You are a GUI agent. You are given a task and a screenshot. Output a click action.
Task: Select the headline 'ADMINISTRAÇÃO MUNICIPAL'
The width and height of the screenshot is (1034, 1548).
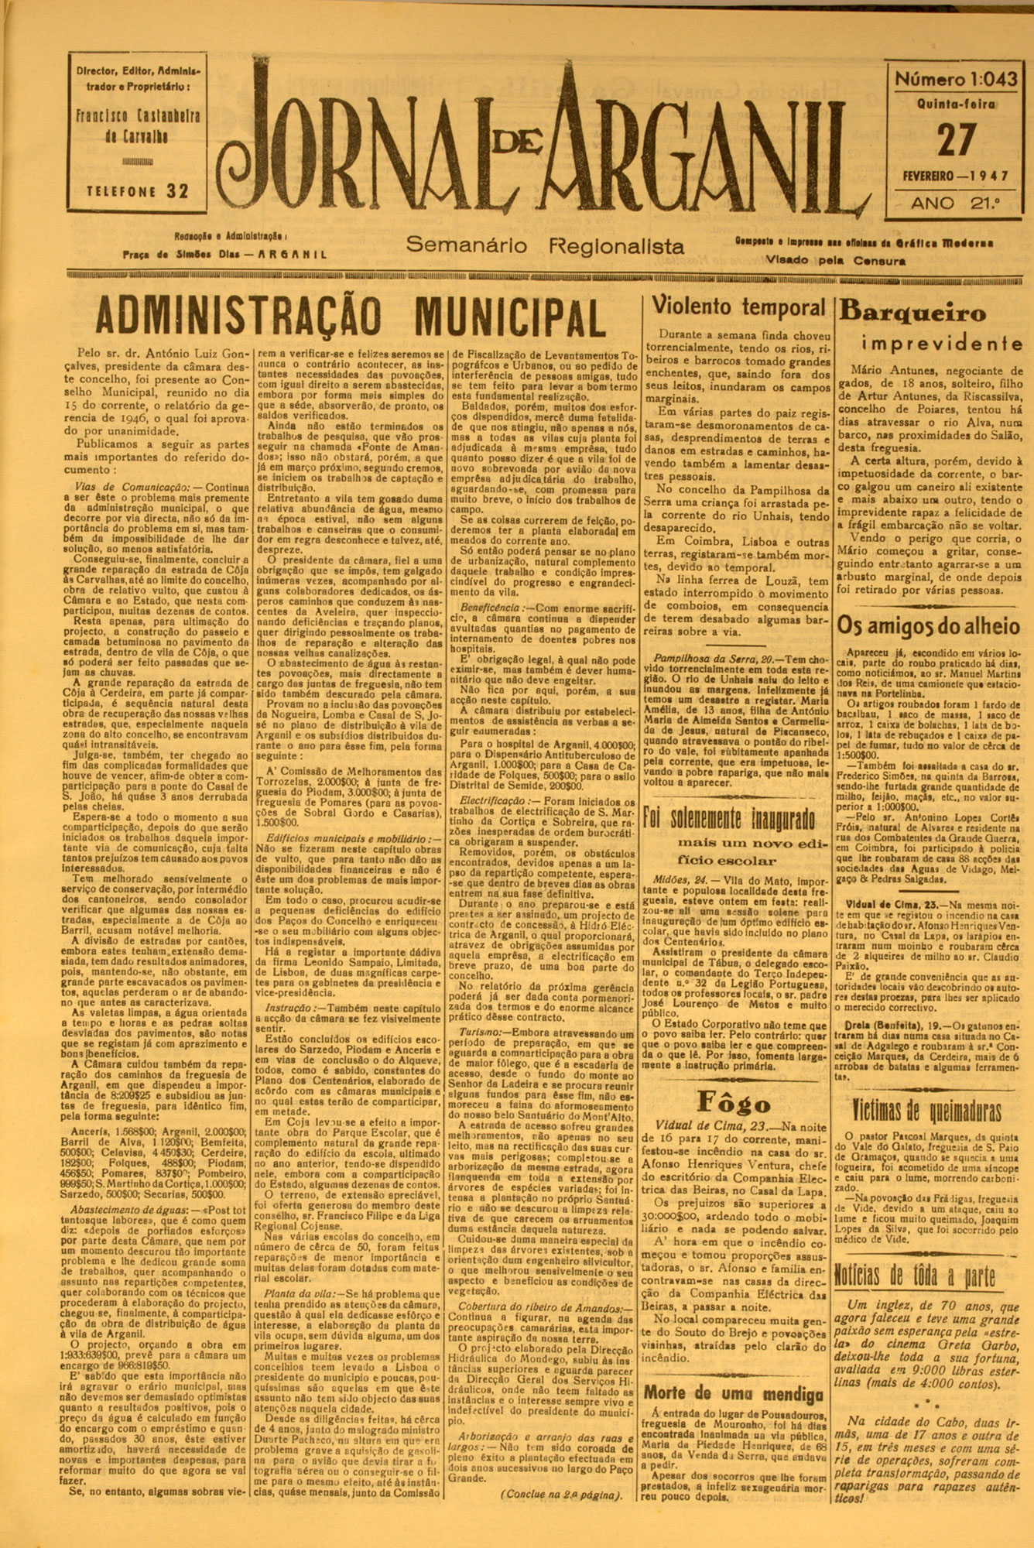click(x=350, y=317)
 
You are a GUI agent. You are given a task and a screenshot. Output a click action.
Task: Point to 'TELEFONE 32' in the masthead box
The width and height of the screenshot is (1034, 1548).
click(x=137, y=192)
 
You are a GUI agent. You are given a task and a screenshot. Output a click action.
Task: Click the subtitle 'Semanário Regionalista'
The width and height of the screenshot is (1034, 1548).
click(x=545, y=246)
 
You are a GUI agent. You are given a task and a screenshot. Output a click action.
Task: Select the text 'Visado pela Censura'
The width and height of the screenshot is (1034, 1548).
click(x=835, y=261)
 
